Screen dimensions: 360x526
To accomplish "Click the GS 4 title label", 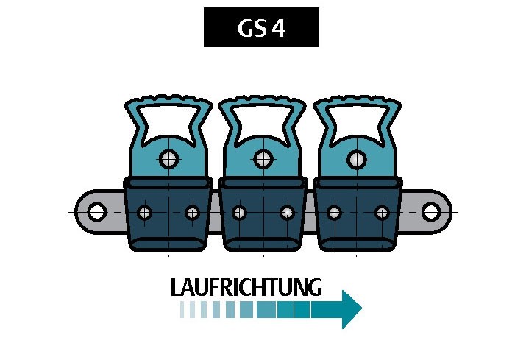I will pyautogui.click(x=261, y=28).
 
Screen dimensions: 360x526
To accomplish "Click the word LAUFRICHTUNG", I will pyautogui.click(x=246, y=287).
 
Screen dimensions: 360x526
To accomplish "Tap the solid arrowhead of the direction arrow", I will pyautogui.click(x=352, y=309).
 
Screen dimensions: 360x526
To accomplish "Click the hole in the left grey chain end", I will pyautogui.click(x=96, y=213).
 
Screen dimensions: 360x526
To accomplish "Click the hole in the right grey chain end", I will pyautogui.click(x=430, y=213).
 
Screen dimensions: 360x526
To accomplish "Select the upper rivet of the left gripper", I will pyautogui.click(x=169, y=158).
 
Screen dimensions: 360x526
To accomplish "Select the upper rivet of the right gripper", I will pyautogui.click(x=357, y=158).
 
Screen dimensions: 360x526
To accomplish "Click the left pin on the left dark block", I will pyautogui.click(x=145, y=213).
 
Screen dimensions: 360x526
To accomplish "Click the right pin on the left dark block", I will pyautogui.click(x=192, y=213).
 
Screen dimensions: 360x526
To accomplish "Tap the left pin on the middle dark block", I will pyautogui.click(x=239, y=213).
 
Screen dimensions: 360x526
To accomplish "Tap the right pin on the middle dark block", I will pyautogui.click(x=287, y=213).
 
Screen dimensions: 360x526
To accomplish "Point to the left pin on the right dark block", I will pyautogui.click(x=334, y=213).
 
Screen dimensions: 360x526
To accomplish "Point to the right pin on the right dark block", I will pyautogui.click(x=381, y=213).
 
